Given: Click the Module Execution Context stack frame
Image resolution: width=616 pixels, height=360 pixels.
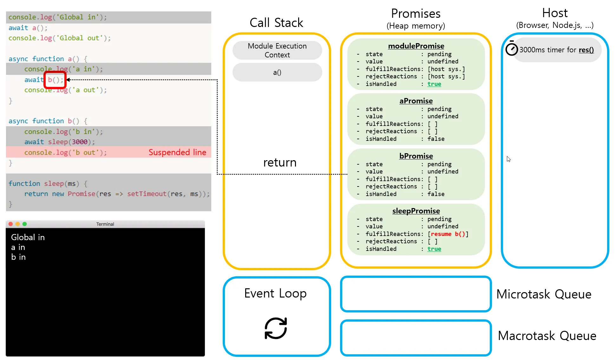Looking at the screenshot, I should pyautogui.click(x=277, y=50).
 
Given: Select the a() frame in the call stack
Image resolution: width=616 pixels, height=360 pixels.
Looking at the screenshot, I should pyautogui.click(x=277, y=73).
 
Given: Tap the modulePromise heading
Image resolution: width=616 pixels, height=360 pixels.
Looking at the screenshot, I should pyautogui.click(x=416, y=46).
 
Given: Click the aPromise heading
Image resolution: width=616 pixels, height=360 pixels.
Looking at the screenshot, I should pyautogui.click(x=416, y=101).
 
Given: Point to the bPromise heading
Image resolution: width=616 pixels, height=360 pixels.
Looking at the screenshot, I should pyautogui.click(x=416, y=156).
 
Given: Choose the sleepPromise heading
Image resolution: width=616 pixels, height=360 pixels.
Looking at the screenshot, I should pyautogui.click(x=416, y=211).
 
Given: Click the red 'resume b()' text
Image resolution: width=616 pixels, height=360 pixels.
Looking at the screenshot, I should pyautogui.click(x=448, y=234).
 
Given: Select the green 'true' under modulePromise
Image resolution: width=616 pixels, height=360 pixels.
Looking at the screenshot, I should pyautogui.click(x=434, y=84).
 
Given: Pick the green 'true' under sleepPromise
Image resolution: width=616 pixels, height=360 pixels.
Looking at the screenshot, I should pyautogui.click(x=434, y=249).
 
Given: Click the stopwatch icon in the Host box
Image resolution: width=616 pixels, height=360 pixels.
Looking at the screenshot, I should pyautogui.click(x=511, y=49).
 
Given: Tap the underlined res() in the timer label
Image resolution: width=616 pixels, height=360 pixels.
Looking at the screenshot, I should pyautogui.click(x=586, y=50).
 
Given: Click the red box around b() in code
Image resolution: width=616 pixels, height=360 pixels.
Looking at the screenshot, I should pyautogui.click(x=55, y=80).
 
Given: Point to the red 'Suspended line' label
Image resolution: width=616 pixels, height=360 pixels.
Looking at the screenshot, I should pyautogui.click(x=177, y=153).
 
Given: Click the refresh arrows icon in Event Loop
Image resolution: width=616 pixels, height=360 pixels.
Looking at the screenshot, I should pyautogui.click(x=276, y=328).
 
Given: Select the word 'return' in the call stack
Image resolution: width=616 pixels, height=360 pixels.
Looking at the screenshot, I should pyautogui.click(x=280, y=163).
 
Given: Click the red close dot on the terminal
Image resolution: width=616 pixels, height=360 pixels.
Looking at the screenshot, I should pyautogui.click(x=10, y=224).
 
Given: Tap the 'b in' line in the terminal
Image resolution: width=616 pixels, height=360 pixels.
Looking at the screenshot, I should pyautogui.click(x=18, y=257).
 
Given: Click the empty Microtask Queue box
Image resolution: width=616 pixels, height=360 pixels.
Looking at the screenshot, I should pyautogui.click(x=416, y=294).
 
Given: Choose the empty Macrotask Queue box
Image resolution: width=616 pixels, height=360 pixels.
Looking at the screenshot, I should pyautogui.click(x=416, y=338).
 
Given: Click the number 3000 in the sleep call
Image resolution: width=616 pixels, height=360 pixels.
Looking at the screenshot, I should pyautogui.click(x=79, y=142).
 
